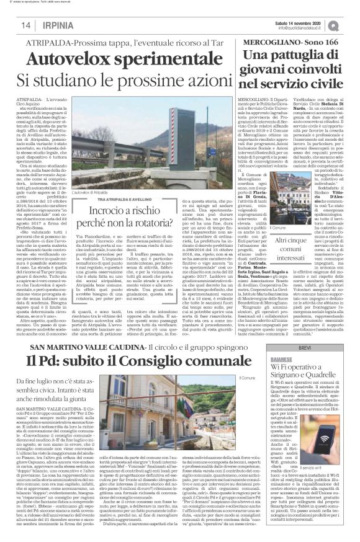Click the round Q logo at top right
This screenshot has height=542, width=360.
click(351, 25)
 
